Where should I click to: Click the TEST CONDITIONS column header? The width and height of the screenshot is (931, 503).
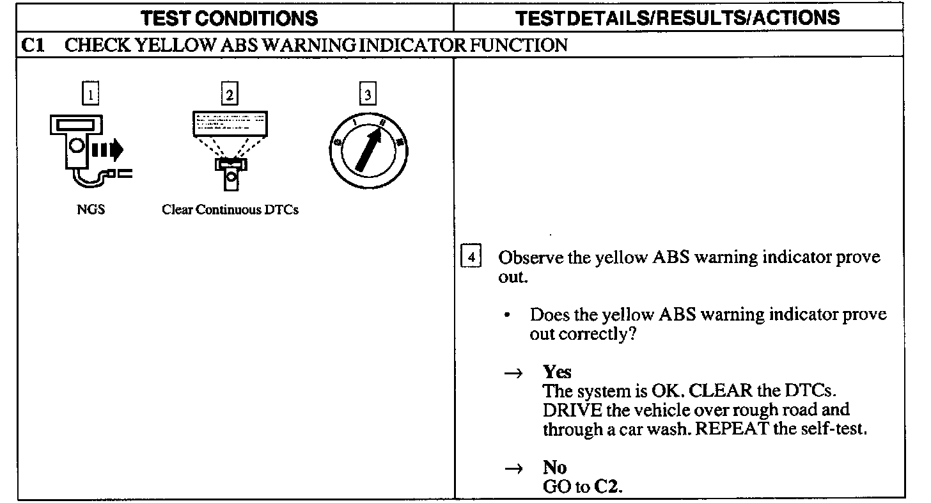[229, 17]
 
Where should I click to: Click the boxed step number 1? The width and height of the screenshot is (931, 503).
[91, 95]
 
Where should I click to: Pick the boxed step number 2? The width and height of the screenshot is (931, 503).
[229, 95]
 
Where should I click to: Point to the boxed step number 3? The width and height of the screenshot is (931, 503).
[367, 95]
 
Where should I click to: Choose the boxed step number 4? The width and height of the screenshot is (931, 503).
[471, 258]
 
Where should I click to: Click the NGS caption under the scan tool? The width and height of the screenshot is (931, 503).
[91, 210]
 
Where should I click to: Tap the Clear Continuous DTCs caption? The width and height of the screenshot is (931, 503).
[230, 210]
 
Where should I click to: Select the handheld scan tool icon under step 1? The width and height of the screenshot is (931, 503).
[86, 150]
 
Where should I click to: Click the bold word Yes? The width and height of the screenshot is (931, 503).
[557, 372]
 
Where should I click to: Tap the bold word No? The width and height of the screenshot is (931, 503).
[554, 467]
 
